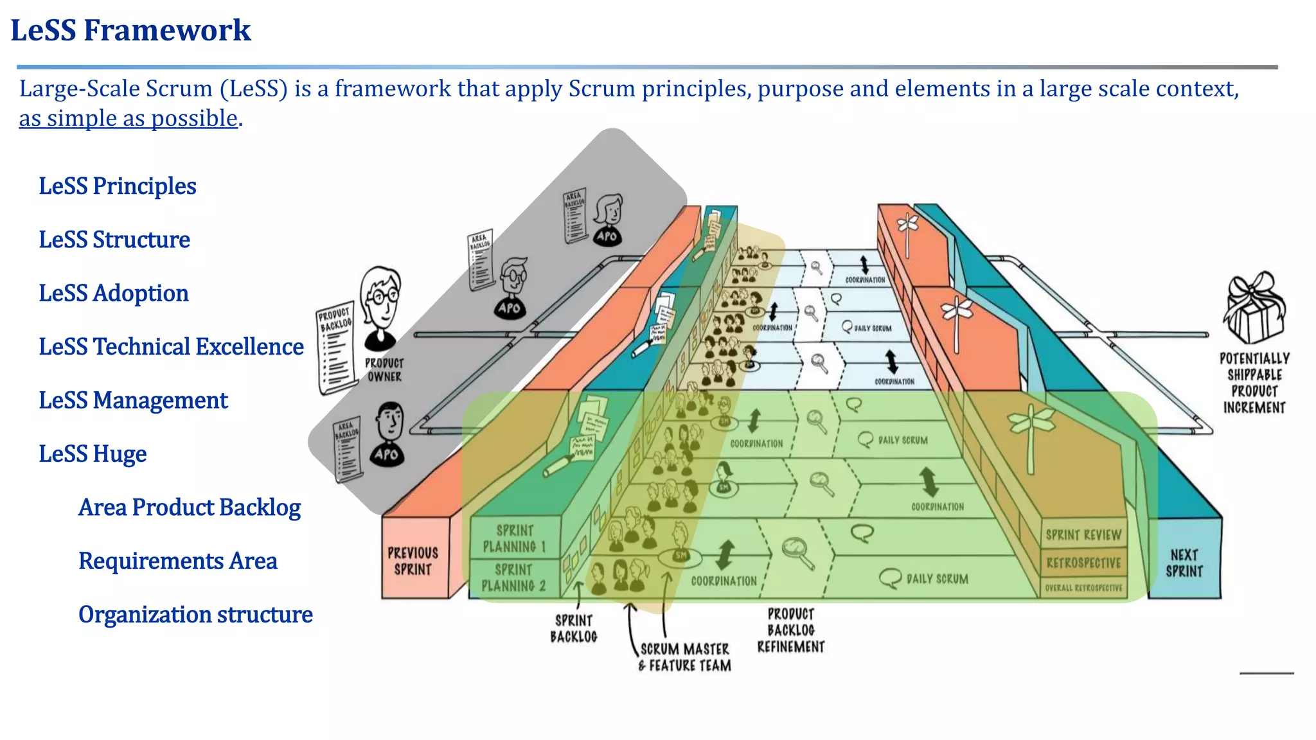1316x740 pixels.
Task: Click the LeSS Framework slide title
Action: click(x=130, y=30)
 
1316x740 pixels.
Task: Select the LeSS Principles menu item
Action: click(x=117, y=186)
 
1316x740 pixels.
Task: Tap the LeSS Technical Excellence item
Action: click(x=171, y=347)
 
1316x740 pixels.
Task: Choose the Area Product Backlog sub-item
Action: click(x=189, y=507)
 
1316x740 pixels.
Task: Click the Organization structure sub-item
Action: click(x=195, y=615)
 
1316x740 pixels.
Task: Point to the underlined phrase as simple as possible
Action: click(x=128, y=118)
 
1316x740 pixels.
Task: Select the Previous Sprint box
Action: click(x=413, y=561)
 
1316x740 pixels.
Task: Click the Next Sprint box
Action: click(x=1184, y=563)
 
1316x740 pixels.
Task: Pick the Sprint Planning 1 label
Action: click(x=514, y=538)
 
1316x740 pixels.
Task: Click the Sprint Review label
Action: click(x=1083, y=534)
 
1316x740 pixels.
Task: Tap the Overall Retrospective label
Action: click(x=1083, y=588)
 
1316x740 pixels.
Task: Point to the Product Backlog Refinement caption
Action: click(x=790, y=630)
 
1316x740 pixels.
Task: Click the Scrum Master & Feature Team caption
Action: click(x=685, y=657)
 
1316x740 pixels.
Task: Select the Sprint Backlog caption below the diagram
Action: click(x=573, y=628)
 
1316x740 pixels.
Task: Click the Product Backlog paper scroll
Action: click(x=336, y=347)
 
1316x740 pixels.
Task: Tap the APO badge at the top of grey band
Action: click(x=607, y=236)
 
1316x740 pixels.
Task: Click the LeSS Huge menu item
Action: click(x=93, y=454)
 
